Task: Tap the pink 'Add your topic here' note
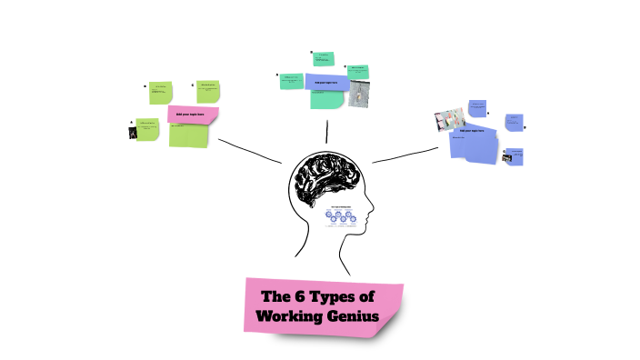point(193,115)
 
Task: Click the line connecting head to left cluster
point(251,151)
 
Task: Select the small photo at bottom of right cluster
point(507,158)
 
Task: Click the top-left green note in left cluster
point(161,92)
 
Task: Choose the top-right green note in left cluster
point(209,91)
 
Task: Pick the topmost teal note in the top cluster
point(323,59)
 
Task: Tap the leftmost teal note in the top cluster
point(292,81)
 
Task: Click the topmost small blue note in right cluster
point(476,108)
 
